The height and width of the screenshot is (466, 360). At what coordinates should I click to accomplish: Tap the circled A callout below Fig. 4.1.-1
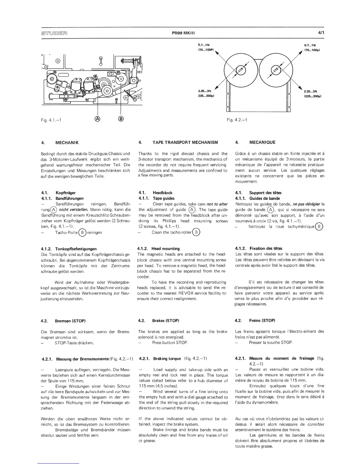(98, 119)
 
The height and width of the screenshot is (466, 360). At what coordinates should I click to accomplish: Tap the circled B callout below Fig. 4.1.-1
(121, 119)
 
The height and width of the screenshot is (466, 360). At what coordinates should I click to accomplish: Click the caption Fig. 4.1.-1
(55, 120)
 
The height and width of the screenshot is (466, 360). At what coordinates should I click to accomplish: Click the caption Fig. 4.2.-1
(237, 120)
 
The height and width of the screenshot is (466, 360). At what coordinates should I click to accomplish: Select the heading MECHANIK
(67, 142)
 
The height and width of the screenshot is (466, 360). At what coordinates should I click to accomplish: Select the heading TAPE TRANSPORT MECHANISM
(185, 142)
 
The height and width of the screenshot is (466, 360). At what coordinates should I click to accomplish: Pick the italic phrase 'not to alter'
(217, 204)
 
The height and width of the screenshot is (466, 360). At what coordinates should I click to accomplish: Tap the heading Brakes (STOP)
(166, 320)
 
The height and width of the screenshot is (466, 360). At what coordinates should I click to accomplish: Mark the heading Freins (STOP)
(262, 320)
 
